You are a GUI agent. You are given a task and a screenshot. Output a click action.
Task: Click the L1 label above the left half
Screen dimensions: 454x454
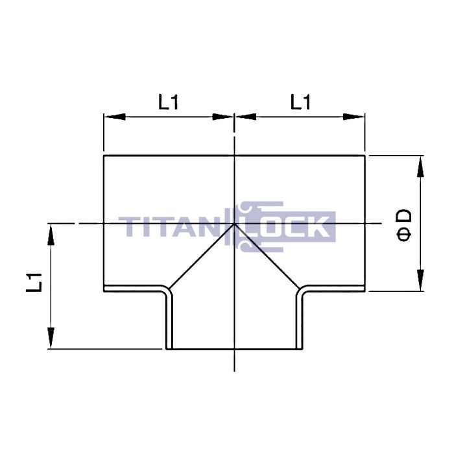click(x=168, y=102)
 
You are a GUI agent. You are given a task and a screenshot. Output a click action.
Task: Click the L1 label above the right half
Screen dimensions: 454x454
click(x=300, y=102)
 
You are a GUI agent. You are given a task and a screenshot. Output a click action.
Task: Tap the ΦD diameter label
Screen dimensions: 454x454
click(x=403, y=224)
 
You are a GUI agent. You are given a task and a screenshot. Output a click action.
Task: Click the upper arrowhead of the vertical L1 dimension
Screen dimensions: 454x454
click(x=50, y=234)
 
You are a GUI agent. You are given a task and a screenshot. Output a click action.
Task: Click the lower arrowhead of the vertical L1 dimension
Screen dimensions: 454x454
click(x=50, y=339)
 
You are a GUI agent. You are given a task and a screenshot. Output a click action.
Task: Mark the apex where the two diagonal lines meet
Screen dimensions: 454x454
click(x=234, y=224)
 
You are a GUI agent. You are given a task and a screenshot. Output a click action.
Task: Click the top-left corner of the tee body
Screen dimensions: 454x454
click(x=104, y=155)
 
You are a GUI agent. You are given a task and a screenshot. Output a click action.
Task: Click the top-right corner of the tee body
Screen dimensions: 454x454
click(x=365, y=155)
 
